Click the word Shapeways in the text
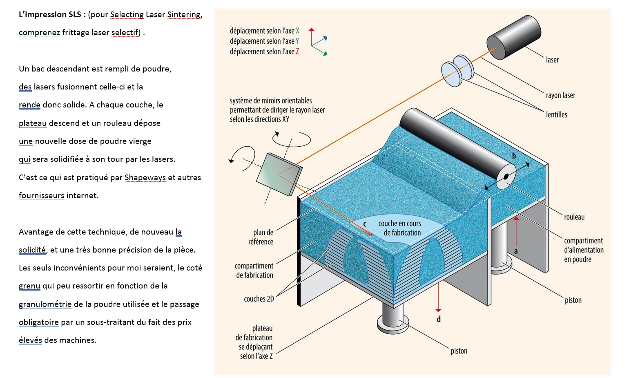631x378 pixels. coord(145,178)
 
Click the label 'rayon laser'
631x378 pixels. coord(560,96)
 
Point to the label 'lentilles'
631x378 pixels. coord(556,115)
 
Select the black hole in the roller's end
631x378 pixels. coord(506,177)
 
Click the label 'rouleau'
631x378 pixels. coord(574,217)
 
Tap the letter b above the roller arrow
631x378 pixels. coord(514,156)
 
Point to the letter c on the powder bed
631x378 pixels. coord(365,224)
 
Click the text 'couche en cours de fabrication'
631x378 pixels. coord(400,228)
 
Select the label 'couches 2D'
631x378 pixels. coord(259,299)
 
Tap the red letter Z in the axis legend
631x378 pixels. coord(297,52)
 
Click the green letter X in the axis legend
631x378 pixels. coord(298,31)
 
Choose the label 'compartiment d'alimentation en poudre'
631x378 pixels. coord(583,250)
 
